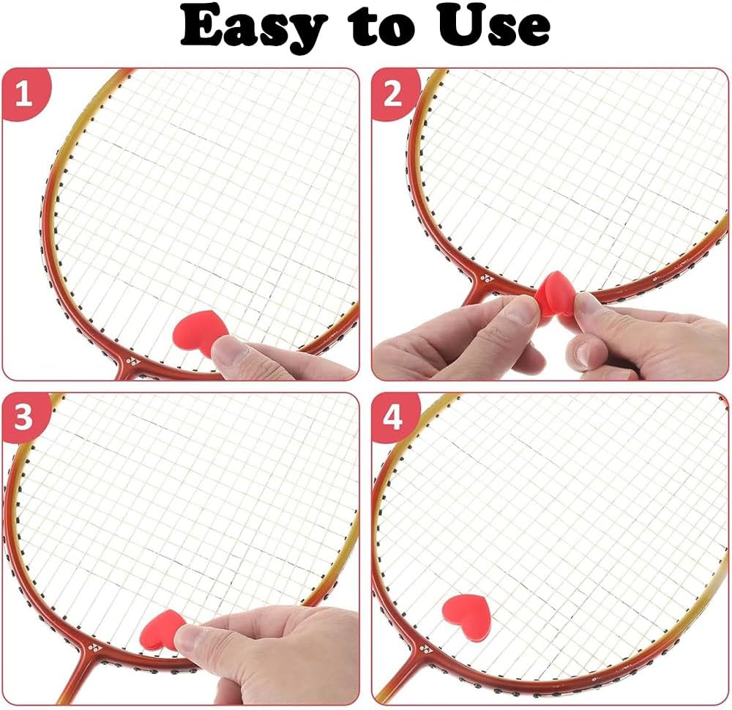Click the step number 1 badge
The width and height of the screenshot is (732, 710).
24,95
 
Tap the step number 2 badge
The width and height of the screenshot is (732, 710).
393,95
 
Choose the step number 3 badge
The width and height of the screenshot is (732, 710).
24,418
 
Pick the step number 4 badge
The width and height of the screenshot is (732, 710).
393,418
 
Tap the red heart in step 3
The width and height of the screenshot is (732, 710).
163,628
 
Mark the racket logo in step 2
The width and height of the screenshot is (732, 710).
487,280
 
